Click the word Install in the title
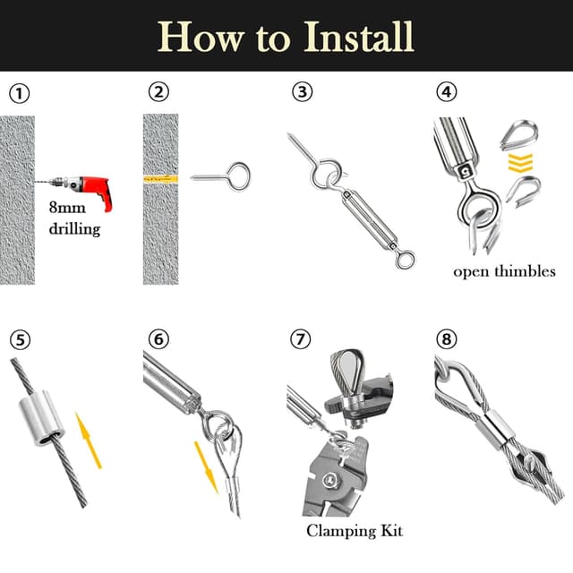358,37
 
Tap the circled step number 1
19,93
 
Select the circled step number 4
447,92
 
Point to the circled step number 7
301,338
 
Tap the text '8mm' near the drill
67,208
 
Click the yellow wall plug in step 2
161,179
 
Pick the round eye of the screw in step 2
238,175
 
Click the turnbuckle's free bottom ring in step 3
406,260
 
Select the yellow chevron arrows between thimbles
520,163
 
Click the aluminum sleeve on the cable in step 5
41,418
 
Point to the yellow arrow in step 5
88,440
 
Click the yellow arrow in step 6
206,467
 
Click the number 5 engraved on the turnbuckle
465,170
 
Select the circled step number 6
159,338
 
